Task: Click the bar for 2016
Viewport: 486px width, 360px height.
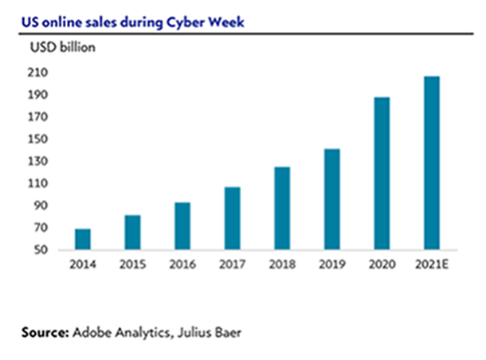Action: [182, 226]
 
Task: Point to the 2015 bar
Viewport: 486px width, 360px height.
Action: [132, 233]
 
